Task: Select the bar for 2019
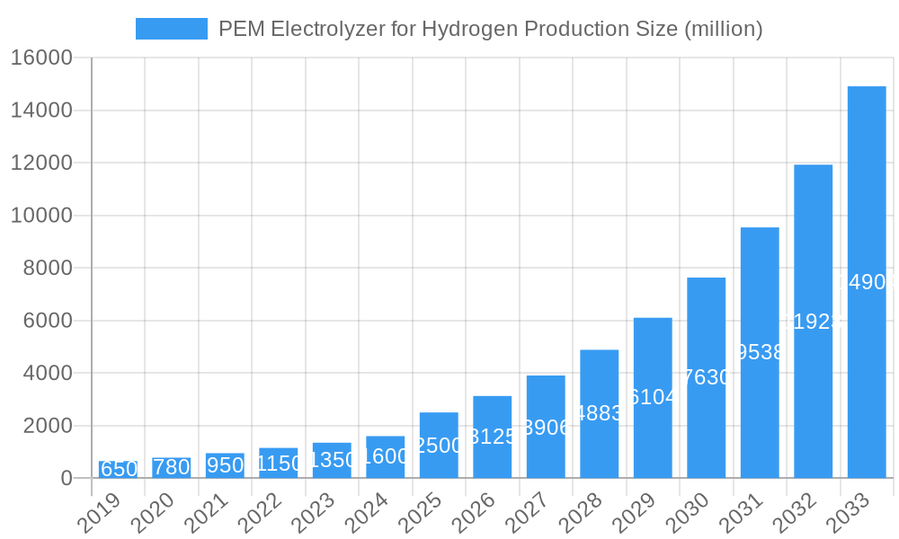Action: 118,469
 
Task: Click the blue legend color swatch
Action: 171,29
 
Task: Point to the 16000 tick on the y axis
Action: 41,58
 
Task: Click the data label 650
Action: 118,469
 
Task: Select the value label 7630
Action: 706,377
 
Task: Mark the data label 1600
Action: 385,456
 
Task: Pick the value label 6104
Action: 653,397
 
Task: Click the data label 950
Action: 225,465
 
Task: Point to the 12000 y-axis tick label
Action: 41,163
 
